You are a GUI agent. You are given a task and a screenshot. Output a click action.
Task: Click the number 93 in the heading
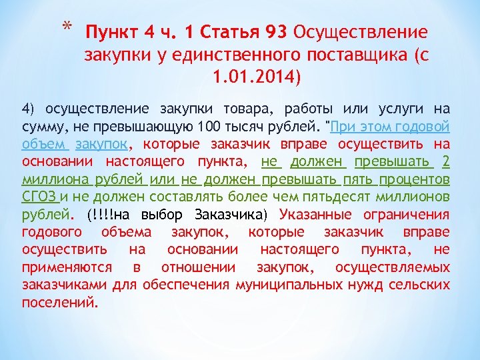[275, 32]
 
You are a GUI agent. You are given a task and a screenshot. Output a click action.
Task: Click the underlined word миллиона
[51, 179]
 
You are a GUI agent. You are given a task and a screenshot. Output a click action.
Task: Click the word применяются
[65, 267]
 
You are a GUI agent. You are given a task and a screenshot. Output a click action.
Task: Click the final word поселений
[60, 302]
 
